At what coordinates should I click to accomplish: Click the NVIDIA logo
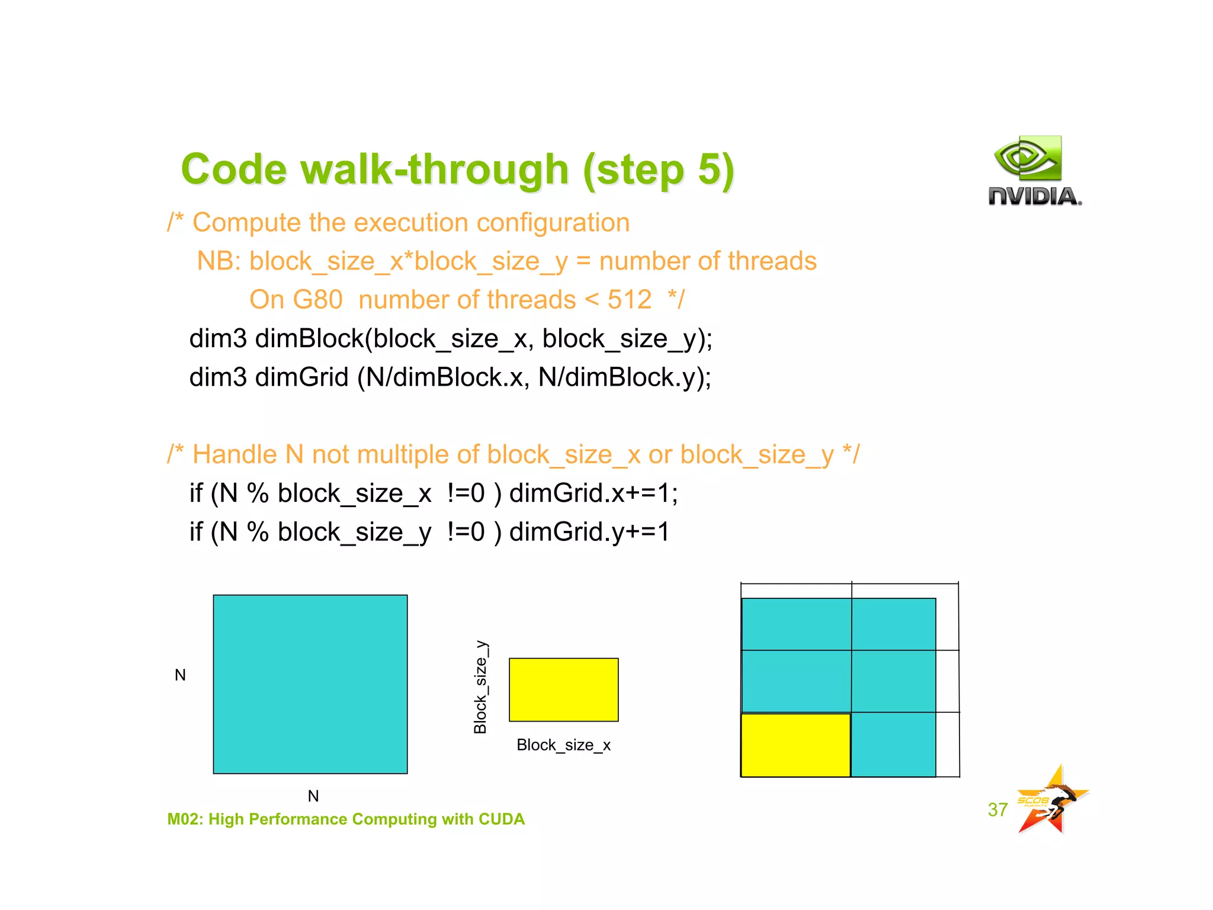click(x=1034, y=171)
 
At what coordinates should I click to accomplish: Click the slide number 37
click(x=997, y=809)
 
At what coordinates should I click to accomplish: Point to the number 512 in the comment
click(x=629, y=300)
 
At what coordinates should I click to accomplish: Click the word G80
click(x=296, y=300)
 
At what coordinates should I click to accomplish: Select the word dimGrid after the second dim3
click(x=301, y=377)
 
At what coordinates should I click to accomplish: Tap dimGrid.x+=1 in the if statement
click(x=593, y=493)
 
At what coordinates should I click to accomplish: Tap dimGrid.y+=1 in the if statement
click(x=589, y=532)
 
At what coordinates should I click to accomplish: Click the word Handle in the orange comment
click(x=235, y=455)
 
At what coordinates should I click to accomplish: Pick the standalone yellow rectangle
click(x=563, y=690)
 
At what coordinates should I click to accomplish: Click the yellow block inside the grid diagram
click(x=795, y=745)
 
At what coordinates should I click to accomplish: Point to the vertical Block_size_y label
click(x=480, y=687)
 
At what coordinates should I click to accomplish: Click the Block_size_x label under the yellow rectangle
click(x=563, y=745)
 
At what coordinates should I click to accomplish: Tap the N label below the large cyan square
click(x=313, y=796)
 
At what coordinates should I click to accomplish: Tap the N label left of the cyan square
click(x=180, y=675)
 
